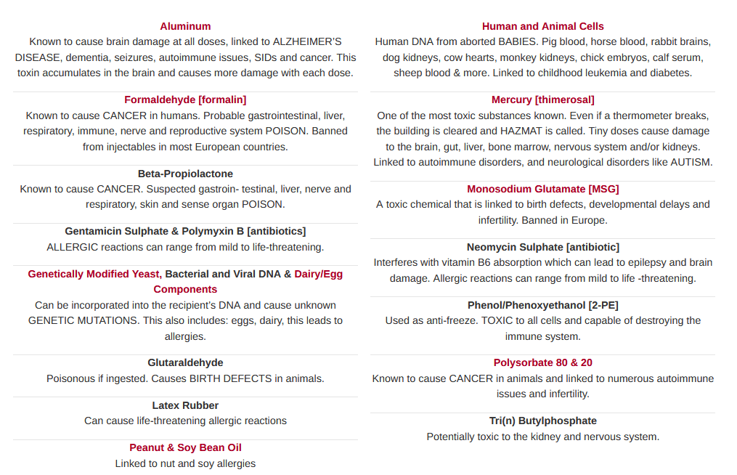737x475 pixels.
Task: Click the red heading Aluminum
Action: click(x=185, y=26)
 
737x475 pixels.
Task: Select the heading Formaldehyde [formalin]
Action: click(x=185, y=100)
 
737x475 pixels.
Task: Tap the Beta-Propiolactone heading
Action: click(x=185, y=174)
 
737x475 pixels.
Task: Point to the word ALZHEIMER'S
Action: click(x=297, y=41)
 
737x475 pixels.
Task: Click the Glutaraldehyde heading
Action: click(x=185, y=362)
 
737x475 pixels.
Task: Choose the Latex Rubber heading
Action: click(x=185, y=405)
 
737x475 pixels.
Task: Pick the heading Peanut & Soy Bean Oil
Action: click(x=185, y=447)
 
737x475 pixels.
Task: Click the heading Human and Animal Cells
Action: click(x=542, y=26)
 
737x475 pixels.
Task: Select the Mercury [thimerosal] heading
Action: click(x=542, y=100)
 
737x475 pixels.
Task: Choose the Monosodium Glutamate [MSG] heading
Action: click(x=542, y=189)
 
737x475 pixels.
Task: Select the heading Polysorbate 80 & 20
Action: click(x=542, y=362)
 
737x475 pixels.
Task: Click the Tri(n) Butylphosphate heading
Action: click(x=542, y=421)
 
